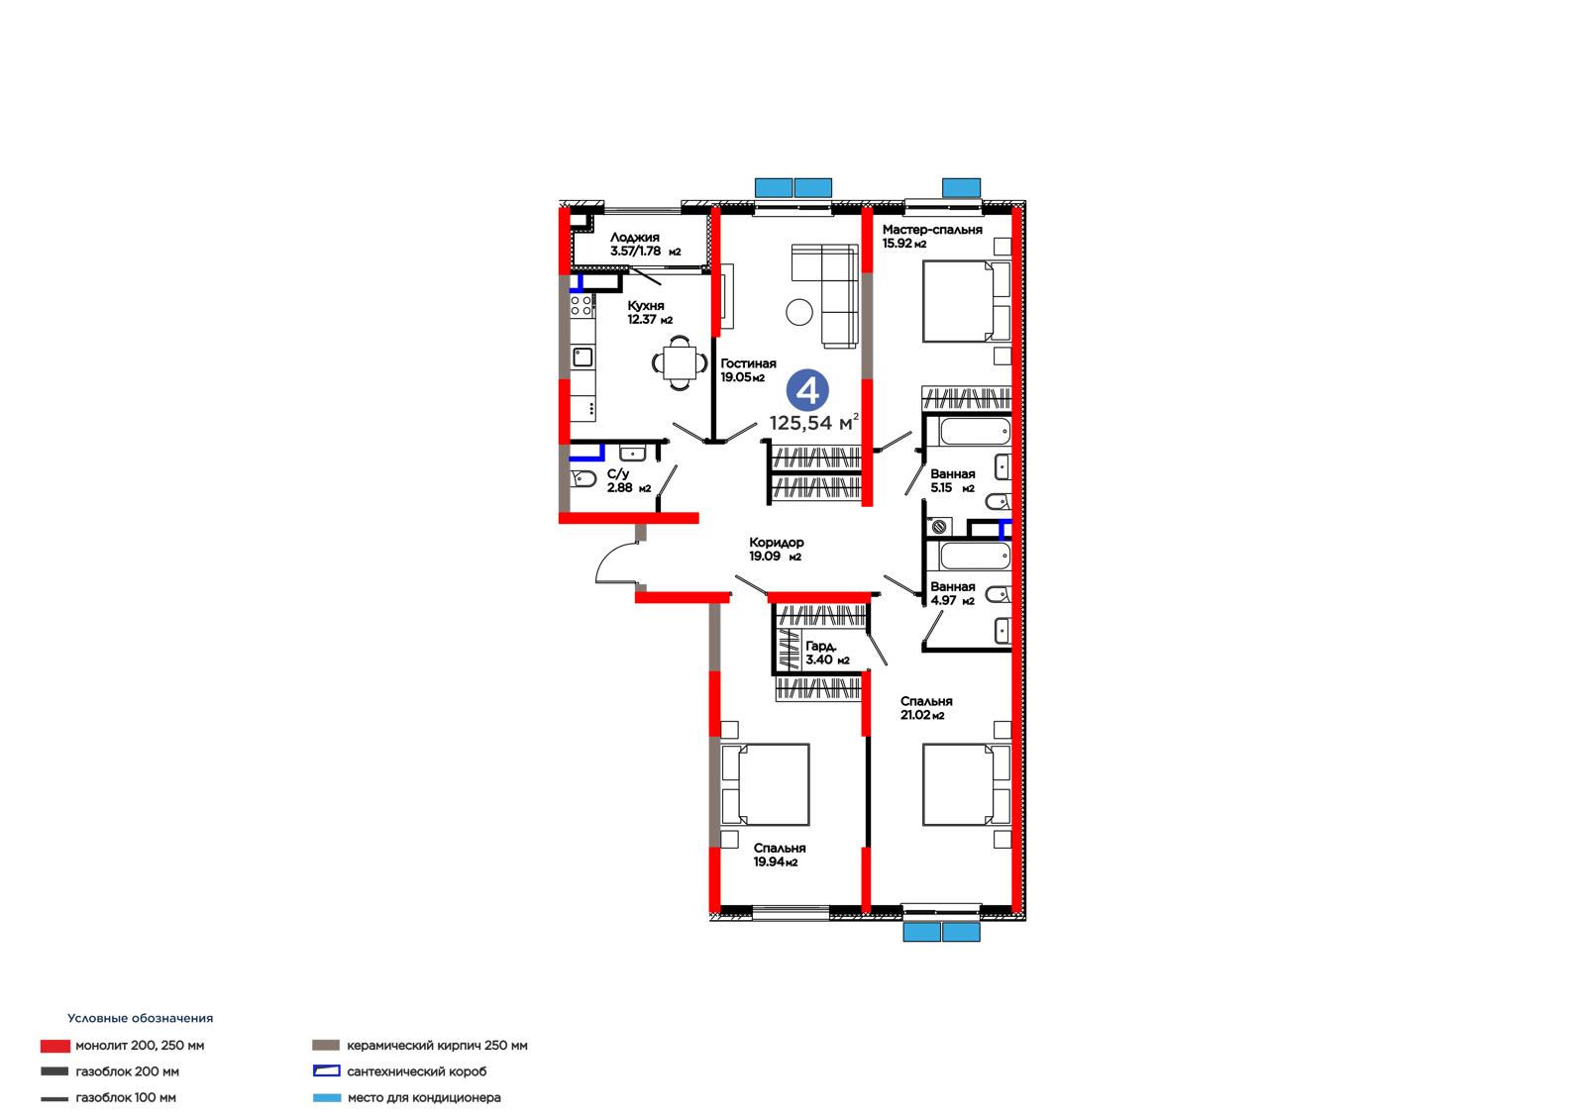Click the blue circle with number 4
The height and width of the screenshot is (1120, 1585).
tap(807, 390)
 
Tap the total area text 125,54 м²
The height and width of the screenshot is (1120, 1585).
tap(814, 423)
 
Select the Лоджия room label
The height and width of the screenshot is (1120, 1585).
tap(635, 238)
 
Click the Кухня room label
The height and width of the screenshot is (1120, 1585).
tap(646, 306)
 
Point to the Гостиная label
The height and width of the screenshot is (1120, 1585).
tap(748, 363)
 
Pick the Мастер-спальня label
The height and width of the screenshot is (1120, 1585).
tap(932, 230)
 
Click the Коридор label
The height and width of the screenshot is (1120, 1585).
tap(777, 543)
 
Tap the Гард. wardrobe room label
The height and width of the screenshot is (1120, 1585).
tap(821, 646)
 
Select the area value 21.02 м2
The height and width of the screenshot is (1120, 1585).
tap(922, 715)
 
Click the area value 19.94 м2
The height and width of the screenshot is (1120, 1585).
tap(776, 862)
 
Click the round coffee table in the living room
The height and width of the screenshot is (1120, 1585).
tap(799, 312)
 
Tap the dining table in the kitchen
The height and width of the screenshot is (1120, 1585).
tap(680, 362)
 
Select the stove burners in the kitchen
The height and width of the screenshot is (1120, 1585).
tap(581, 306)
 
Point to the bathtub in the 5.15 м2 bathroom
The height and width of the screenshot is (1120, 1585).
tap(975, 431)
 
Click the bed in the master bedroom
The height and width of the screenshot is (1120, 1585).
tap(967, 301)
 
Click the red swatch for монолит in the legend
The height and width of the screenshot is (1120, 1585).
tap(55, 1046)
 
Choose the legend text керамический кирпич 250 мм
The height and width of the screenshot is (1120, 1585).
tap(437, 1046)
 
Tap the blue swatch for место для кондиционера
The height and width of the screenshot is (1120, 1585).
tap(327, 1098)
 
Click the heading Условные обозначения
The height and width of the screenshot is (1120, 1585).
tap(140, 1018)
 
